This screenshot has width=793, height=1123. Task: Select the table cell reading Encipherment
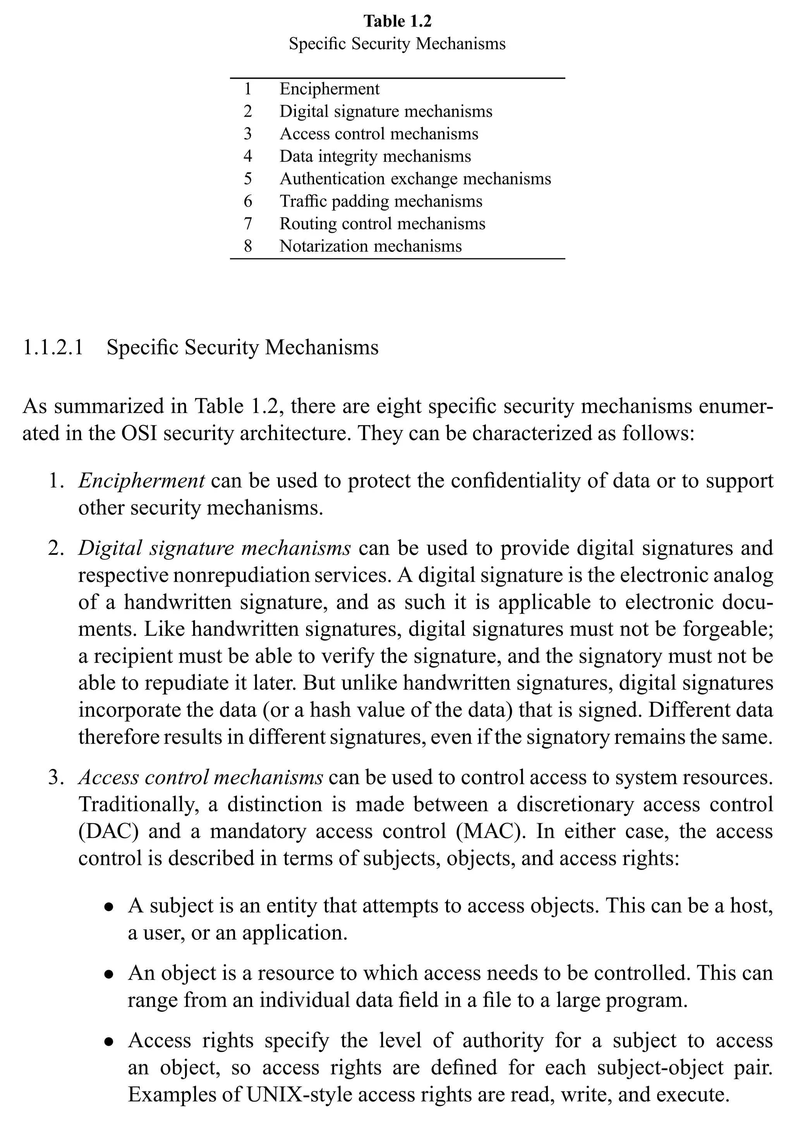pyautogui.click(x=329, y=89)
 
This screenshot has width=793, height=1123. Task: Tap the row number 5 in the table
pyautogui.click(x=248, y=179)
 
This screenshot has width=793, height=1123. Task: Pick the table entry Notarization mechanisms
pyautogui.click(x=370, y=246)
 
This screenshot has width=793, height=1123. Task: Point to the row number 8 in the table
pyautogui.click(x=248, y=246)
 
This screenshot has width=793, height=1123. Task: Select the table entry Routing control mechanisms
pyautogui.click(x=382, y=224)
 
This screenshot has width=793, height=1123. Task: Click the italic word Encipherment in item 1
pyautogui.click(x=141, y=481)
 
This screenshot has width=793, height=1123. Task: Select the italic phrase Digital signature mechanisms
pyautogui.click(x=214, y=548)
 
